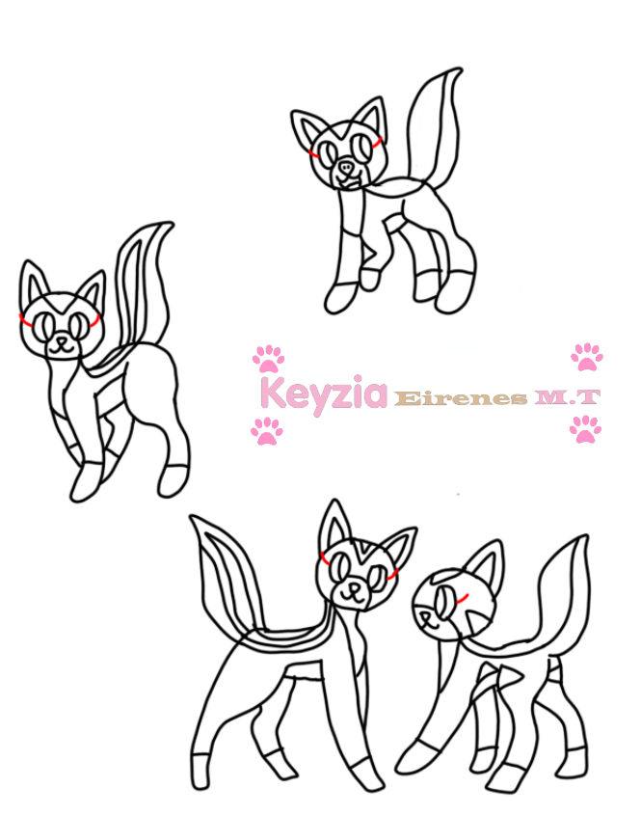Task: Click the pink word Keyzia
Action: tap(323, 394)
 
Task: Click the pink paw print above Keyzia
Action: tap(268, 359)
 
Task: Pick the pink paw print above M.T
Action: tap(586, 356)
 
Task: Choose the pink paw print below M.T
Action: tap(585, 428)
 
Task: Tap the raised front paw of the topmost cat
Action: tap(369, 279)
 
